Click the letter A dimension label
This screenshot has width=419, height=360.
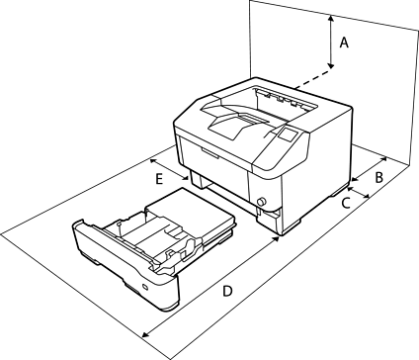344,43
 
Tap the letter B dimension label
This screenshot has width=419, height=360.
379,177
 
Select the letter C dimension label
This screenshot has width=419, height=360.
346,203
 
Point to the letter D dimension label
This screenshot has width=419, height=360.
227,291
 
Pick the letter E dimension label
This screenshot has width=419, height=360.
159,180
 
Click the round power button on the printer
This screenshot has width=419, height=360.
262,201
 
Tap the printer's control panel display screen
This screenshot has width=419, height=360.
288,135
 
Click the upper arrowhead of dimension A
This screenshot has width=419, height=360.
331,18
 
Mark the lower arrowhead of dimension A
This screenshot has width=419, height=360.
331,65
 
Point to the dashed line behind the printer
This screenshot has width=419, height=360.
313,78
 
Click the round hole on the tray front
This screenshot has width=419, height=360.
145,287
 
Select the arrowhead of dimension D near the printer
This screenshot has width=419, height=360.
276,238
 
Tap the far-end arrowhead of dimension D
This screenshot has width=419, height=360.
145,334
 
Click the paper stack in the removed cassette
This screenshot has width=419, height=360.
190,211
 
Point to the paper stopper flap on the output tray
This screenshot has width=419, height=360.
233,128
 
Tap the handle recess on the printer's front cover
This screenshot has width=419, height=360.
209,153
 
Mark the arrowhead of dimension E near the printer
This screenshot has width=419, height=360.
186,178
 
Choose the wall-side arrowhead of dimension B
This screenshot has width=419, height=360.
383,159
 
